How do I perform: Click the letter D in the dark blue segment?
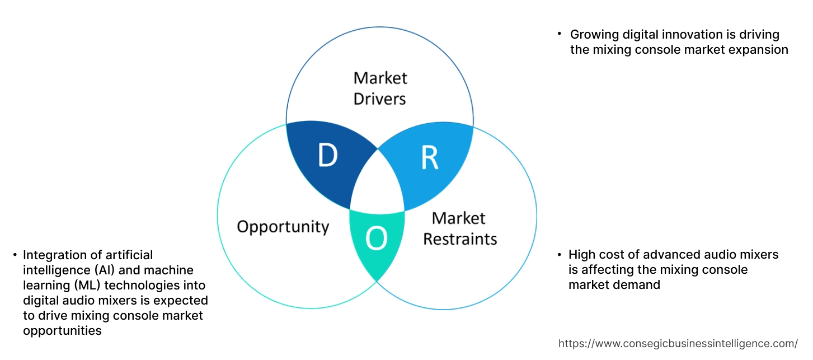tap(327, 156)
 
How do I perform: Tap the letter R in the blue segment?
tap(429, 158)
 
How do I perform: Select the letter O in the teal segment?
tap(376, 240)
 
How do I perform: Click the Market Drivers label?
tap(380, 88)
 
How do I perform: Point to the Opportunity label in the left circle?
tap(283, 227)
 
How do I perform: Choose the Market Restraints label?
tap(459, 228)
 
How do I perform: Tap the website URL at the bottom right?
tap(678, 344)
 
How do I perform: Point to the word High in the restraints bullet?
tap(582, 255)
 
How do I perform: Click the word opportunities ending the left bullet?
tap(62, 331)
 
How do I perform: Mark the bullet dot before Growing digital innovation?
tap(560, 34)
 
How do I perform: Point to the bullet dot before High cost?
tap(560, 255)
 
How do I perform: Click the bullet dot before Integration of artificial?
tap(15, 255)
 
